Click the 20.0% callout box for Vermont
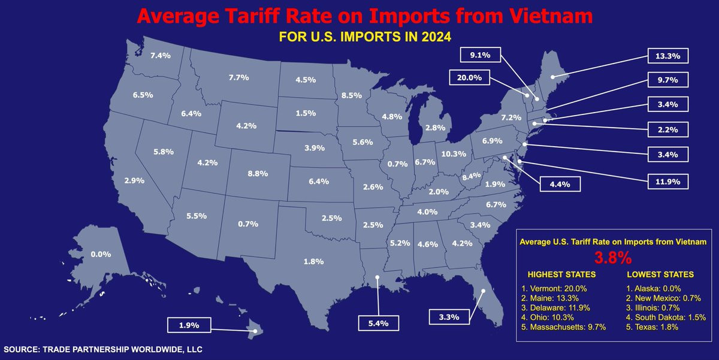(x=469, y=77)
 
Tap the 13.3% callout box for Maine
(x=667, y=56)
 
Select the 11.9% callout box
(x=667, y=181)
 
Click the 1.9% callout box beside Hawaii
(x=189, y=325)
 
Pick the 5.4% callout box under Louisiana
(x=379, y=323)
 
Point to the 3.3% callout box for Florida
(x=449, y=317)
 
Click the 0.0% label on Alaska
(x=101, y=254)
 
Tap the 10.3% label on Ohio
(x=454, y=154)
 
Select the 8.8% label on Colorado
(x=258, y=174)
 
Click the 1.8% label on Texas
(x=313, y=262)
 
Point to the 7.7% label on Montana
(x=239, y=77)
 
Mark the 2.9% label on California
(x=134, y=181)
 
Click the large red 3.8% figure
(x=613, y=258)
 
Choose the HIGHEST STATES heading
(x=562, y=274)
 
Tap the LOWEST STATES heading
(x=660, y=274)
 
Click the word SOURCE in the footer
(x=22, y=349)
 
